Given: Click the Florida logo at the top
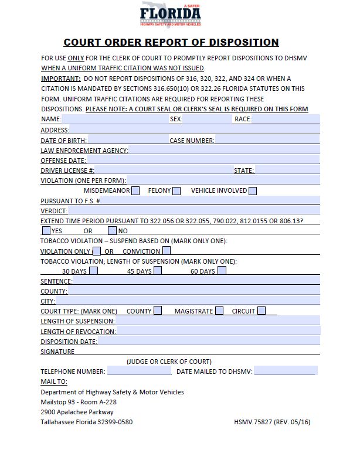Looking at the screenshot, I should pos(171,15).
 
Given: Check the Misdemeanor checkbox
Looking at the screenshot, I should pos(135,190).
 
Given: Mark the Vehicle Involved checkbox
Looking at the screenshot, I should pos(253,190).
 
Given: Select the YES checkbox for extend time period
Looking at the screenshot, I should pos(46,230).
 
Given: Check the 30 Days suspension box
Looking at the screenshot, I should pos(94,271).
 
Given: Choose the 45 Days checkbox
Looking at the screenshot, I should pos(158,271).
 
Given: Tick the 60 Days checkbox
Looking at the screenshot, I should pos(222,271).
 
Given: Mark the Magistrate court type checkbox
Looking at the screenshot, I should pos(219,311).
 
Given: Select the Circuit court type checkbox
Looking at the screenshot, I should pos(261,311).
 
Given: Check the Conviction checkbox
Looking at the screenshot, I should pos(167,251).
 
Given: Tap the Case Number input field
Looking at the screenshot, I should pos(267,140).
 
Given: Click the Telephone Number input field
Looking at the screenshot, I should pos(139,371).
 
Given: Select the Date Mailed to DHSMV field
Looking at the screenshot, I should pos(284,371).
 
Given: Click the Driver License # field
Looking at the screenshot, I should pos(152,170).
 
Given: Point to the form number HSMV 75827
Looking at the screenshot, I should pos(272,421).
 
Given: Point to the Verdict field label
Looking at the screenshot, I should pos(54,210).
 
